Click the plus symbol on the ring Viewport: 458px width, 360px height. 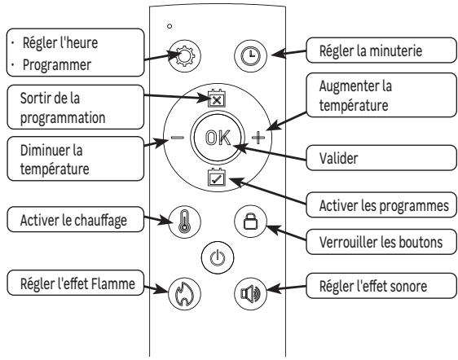click(x=258, y=138)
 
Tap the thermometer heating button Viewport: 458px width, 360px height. click(x=180, y=222)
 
